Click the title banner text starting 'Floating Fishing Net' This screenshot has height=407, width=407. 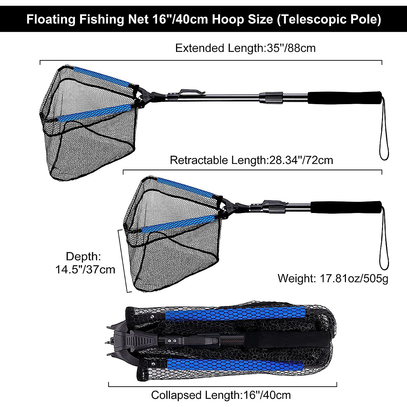(x=203, y=19)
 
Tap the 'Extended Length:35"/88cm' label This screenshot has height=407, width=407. (x=245, y=48)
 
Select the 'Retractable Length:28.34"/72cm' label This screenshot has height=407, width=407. (x=251, y=160)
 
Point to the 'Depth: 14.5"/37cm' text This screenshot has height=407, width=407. (x=85, y=263)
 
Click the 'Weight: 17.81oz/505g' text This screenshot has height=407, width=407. (x=333, y=278)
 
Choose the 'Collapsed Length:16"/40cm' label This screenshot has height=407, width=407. (x=221, y=395)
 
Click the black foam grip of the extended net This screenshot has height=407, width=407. (x=345, y=96)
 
